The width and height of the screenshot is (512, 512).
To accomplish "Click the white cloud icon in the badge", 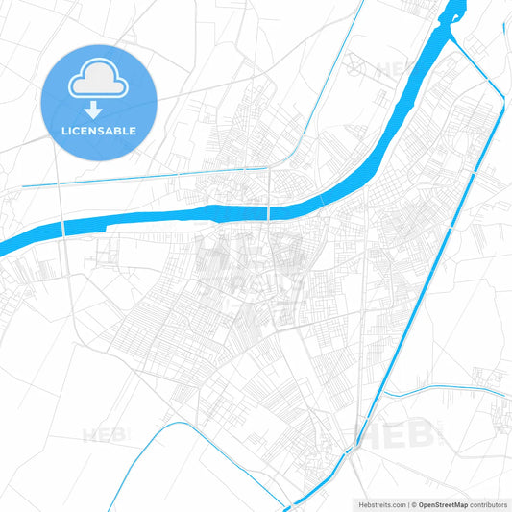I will point(99,83).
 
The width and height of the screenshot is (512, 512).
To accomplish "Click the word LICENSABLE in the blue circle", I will point(99,130).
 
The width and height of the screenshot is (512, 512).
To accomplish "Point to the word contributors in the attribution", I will point(487,503).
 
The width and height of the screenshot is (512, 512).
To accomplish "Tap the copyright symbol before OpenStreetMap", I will point(410,503).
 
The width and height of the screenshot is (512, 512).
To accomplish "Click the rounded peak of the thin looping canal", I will point(183,425).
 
